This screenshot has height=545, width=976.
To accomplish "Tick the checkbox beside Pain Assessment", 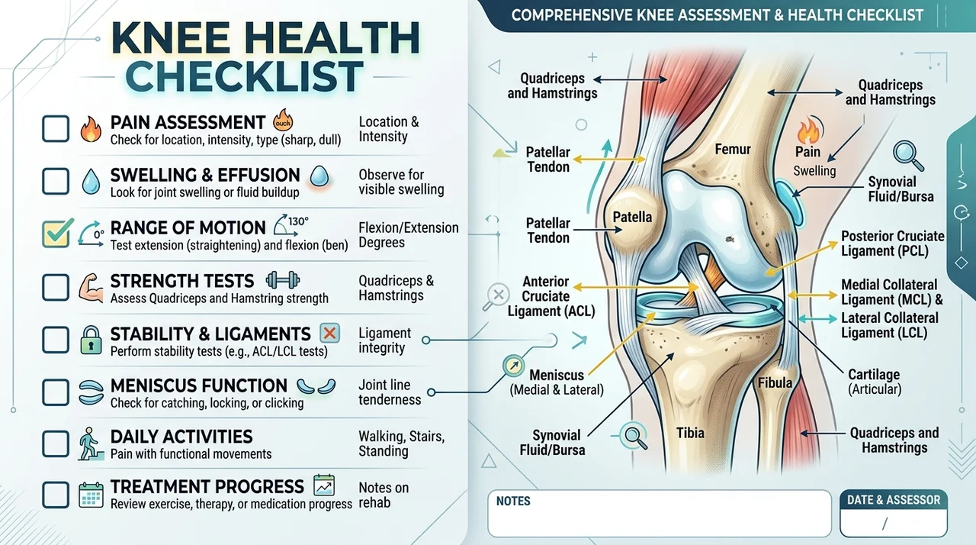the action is tap(56, 129).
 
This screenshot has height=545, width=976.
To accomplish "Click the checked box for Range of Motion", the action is tap(56, 234).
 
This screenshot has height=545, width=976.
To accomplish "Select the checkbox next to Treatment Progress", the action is tap(56, 495).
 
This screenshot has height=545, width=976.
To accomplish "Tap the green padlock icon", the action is tap(91, 340).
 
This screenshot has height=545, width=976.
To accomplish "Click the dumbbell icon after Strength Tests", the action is tap(283, 280).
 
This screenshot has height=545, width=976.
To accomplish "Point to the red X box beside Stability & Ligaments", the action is tap(330, 334).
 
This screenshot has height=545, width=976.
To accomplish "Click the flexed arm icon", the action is tap(91, 288).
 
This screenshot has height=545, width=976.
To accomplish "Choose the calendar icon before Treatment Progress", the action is tap(91, 495).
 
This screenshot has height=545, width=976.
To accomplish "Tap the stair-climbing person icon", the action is tap(91, 443).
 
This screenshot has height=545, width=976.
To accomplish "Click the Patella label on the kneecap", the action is tap(632, 217).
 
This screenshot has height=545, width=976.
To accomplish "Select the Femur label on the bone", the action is tap(733, 150).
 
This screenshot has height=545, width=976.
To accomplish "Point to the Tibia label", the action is tap(690, 433).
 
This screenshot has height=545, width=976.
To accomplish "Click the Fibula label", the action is tap(775, 383).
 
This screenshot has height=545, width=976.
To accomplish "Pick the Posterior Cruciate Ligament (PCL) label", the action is tap(892, 243).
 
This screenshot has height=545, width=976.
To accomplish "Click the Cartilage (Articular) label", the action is tap(874, 382).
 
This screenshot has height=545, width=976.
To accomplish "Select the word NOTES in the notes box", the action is tap(513, 501).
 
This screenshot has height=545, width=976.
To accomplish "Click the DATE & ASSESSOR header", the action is tap(894, 500).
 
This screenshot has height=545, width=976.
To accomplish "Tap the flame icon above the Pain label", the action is tap(808, 130).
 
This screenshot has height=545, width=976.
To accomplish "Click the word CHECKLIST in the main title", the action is tap(244, 77).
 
